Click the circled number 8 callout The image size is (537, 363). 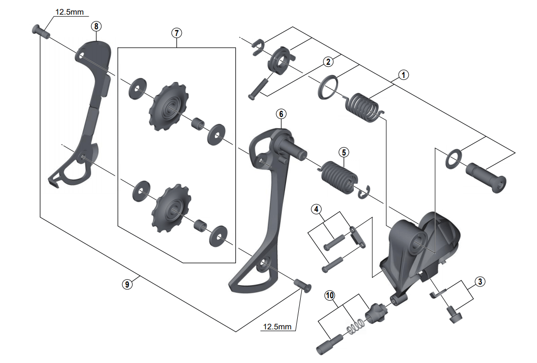[96, 26]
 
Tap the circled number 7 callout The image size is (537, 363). [176, 33]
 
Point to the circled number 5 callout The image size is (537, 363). [344, 152]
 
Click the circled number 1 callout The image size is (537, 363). [403, 75]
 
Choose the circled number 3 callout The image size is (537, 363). [480, 281]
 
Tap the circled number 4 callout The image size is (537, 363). [317, 210]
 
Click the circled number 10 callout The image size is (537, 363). [330, 295]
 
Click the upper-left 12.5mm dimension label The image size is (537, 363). [69, 12]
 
